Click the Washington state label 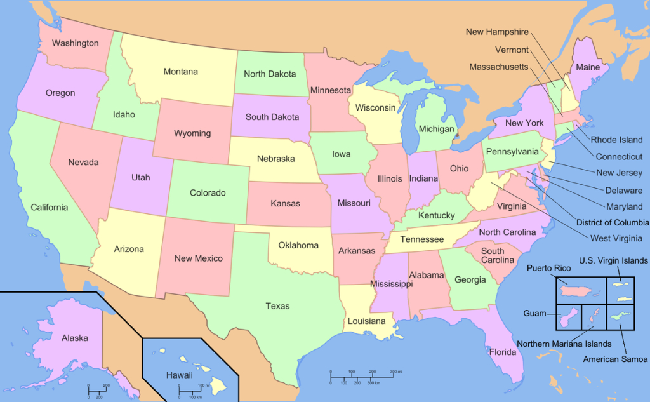(75, 43)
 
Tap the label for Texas (277, 306)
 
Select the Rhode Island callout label (616, 140)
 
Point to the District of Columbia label (612, 222)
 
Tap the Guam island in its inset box (569, 316)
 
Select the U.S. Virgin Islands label (613, 260)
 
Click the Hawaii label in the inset (179, 375)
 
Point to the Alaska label (74, 338)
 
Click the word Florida (502, 351)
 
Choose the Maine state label (588, 67)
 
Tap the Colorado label (208, 192)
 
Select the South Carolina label (493, 255)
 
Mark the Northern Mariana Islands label (564, 344)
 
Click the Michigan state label (436, 129)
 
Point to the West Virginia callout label (616, 238)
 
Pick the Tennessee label (421, 239)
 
